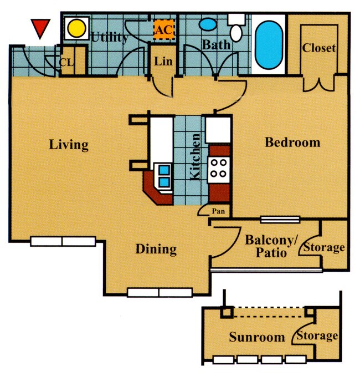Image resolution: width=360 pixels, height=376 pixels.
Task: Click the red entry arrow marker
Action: (40, 28)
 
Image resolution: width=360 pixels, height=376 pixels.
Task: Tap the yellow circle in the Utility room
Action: (78, 27)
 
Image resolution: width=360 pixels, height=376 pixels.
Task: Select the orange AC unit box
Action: (163, 29)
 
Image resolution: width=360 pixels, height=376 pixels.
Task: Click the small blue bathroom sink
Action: (208, 25)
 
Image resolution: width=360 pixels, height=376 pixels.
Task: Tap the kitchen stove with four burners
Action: (218, 168)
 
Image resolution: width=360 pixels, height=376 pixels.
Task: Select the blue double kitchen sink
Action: (163, 175)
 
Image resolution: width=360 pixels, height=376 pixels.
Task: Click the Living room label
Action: (69, 145)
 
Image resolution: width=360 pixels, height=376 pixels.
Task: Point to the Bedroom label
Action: (292, 143)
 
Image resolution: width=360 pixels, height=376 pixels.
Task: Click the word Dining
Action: (156, 249)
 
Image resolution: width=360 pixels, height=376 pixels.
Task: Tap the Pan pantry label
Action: (218, 211)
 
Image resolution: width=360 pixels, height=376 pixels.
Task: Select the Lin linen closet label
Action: (162, 61)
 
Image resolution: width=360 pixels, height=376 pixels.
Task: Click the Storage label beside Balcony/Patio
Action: (325, 247)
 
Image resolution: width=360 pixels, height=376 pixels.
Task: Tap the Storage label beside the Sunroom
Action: (317, 336)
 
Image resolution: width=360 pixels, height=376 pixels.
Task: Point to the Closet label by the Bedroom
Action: (318, 48)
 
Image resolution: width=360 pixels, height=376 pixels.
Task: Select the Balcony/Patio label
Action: (271, 247)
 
